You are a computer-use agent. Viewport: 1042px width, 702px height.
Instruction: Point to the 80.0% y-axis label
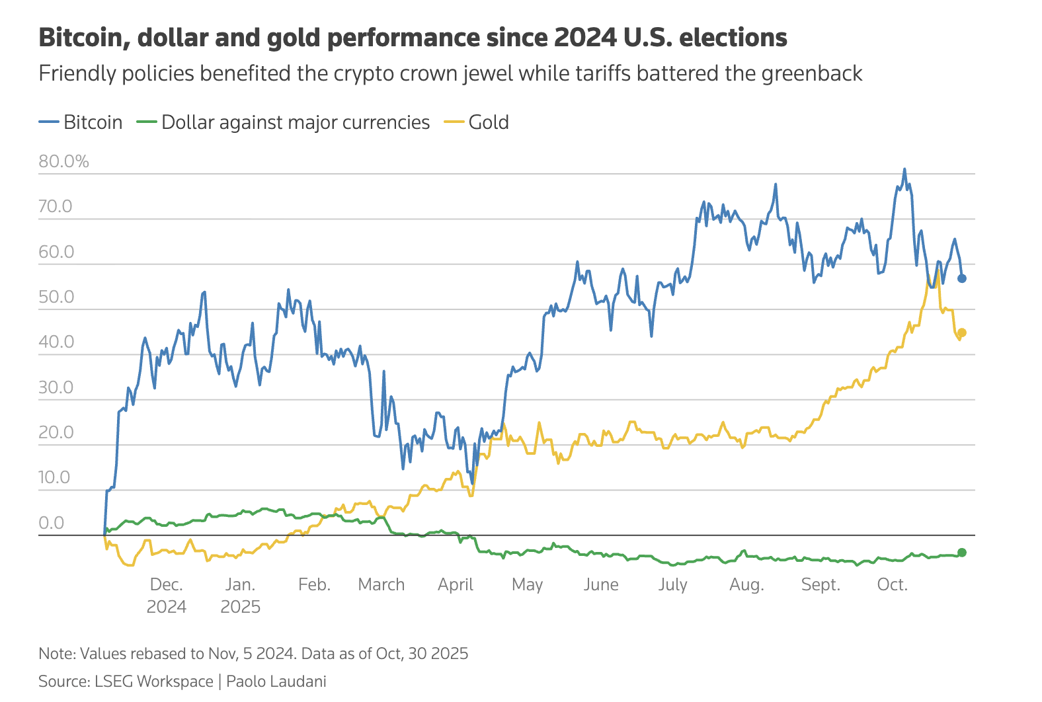tap(63, 161)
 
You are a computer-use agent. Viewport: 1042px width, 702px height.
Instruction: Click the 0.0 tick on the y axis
tap(52, 523)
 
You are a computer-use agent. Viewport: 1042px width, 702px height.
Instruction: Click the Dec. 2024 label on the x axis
tap(166, 595)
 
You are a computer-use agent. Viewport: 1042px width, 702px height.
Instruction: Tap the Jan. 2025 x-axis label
tap(240, 595)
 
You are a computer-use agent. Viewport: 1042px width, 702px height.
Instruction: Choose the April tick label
tap(455, 584)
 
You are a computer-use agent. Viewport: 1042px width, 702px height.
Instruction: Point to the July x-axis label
tap(672, 584)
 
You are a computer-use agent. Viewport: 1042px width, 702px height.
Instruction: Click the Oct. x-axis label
tap(892, 584)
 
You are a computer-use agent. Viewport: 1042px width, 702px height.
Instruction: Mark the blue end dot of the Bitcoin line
tap(962, 278)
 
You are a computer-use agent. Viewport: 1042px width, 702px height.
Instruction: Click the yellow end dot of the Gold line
tap(962, 332)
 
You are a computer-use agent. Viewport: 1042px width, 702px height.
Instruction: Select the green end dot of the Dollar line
tap(962, 552)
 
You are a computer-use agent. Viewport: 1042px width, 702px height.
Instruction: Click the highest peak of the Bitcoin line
tap(904, 169)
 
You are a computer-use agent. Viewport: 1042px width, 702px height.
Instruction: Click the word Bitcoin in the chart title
tap(84, 38)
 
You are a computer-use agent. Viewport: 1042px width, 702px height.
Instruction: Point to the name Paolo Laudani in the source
tap(276, 681)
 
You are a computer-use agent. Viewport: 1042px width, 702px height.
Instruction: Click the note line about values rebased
tap(253, 653)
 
